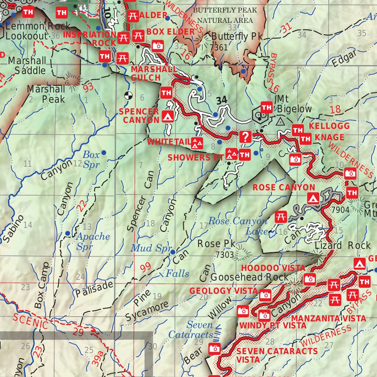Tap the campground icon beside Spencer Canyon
click(168, 117)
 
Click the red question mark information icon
click(245, 137)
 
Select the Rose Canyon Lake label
click(237, 226)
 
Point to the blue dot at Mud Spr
click(173, 252)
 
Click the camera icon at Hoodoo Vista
click(310, 279)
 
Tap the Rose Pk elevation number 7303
click(225, 255)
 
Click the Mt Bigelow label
click(294, 104)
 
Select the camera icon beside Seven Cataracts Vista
click(215, 348)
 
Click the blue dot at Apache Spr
click(68, 233)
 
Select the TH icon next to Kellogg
click(297, 130)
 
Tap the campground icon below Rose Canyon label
click(313, 199)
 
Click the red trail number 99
click(145, 267)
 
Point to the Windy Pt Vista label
click(273, 325)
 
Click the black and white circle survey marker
click(128, 95)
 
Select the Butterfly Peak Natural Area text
click(225, 15)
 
